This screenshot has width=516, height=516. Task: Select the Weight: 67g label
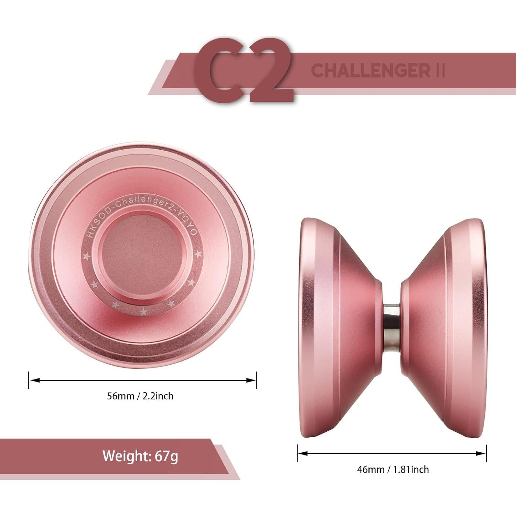pos(140,456)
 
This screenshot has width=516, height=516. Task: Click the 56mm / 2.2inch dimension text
pos(140,396)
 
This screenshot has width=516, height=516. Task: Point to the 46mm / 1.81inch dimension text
pos(393,469)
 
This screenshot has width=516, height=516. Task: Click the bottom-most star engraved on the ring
pos(143,312)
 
